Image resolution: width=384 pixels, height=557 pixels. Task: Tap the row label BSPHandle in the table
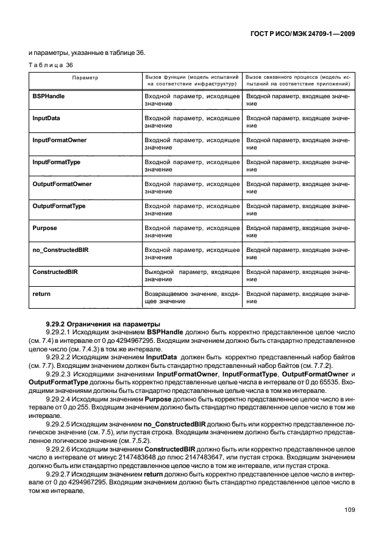click(49, 96)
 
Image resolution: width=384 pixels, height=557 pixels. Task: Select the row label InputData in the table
click(46, 118)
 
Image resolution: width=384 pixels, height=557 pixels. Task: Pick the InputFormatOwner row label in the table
click(59, 140)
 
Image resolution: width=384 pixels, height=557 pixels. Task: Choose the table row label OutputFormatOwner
click(62, 184)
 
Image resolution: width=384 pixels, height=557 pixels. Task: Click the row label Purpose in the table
click(44, 228)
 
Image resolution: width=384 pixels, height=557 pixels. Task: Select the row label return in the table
click(41, 293)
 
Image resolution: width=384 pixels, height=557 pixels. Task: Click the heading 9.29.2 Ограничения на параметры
click(94, 323)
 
